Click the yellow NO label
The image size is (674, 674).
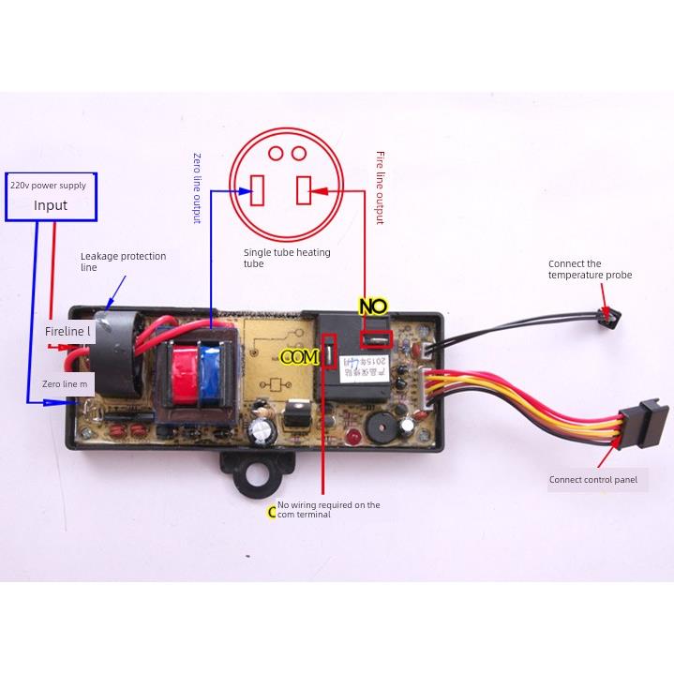coord(373,306)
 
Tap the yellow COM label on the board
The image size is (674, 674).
coord(301,357)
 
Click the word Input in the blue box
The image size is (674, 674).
coord(51,205)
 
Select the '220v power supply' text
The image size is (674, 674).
coord(48,186)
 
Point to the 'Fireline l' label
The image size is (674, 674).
coord(68,331)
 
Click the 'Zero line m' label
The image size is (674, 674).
coord(65,384)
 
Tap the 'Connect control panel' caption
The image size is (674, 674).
coord(592,480)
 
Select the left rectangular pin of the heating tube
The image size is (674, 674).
coord(261,191)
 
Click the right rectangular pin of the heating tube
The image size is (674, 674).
coord(304,191)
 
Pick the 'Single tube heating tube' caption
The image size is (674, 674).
coord(287,258)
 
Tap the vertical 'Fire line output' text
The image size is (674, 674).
coord(380,187)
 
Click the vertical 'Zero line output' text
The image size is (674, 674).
coord(197,187)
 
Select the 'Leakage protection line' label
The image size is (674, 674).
coord(123,262)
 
